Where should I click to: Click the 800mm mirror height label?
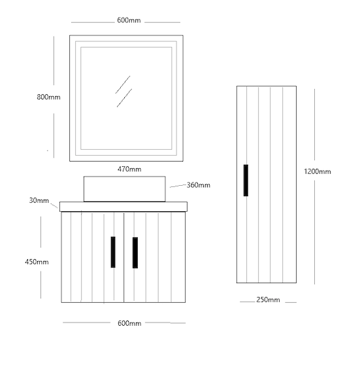48,97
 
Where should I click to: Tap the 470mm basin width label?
129,169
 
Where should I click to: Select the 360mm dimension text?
199,185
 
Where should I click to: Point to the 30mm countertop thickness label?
39,200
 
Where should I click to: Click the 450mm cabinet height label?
37,262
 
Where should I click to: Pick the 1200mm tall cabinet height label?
318,171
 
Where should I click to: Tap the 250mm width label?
268,300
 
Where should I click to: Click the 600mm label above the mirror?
129,20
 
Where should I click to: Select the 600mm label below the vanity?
129,323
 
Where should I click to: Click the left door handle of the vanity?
113,252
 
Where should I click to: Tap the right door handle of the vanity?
135,252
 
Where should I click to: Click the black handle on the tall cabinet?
246,181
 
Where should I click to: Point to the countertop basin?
124,189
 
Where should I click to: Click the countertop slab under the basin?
123,207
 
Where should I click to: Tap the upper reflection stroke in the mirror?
123,84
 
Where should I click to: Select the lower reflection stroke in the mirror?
124,97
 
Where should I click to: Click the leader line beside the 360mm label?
178,186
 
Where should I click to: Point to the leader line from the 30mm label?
54,206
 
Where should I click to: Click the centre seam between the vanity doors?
123,257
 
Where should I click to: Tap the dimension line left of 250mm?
248,302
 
